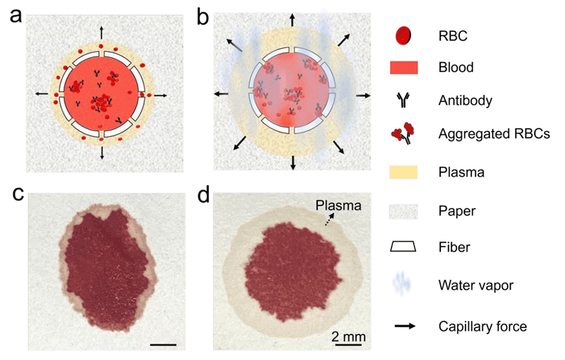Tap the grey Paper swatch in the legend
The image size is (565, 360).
[x=403, y=211]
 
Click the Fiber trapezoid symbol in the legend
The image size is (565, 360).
[x=403, y=247]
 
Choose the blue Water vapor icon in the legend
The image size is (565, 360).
[x=403, y=285]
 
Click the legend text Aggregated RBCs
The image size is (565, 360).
[x=495, y=134]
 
